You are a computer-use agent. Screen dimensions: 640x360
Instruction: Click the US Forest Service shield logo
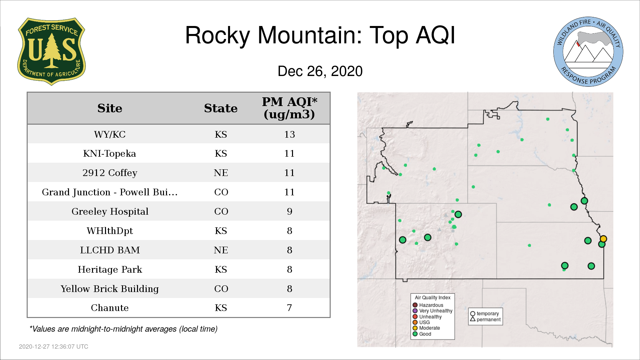51,52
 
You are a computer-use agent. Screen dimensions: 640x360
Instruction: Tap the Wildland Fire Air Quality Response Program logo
588,52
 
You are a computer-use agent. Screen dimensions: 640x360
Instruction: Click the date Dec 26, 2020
320,71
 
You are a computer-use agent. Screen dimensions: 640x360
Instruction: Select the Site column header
110,108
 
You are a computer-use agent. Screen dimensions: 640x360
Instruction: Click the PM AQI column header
289,108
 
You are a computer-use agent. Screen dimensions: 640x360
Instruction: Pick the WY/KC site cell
110,134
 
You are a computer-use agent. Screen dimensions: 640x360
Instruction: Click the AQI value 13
289,134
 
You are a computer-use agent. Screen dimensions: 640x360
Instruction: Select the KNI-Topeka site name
110,153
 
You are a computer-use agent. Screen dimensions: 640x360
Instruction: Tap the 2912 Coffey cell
110,173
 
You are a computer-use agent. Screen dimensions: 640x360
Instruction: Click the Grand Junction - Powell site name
110,192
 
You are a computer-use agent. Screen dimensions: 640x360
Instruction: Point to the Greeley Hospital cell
110,211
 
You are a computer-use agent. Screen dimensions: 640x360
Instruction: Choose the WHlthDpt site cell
110,231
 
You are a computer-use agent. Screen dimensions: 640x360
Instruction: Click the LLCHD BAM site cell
110,250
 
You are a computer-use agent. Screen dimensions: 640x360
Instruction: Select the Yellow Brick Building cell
110,289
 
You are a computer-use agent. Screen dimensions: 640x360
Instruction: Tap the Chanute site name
110,308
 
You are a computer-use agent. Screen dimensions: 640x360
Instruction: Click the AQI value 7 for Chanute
289,308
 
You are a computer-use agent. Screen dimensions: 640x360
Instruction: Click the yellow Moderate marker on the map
603,239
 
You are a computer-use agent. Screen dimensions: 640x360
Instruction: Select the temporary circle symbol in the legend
473,314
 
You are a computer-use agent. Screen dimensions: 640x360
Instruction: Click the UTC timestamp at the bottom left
54,347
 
